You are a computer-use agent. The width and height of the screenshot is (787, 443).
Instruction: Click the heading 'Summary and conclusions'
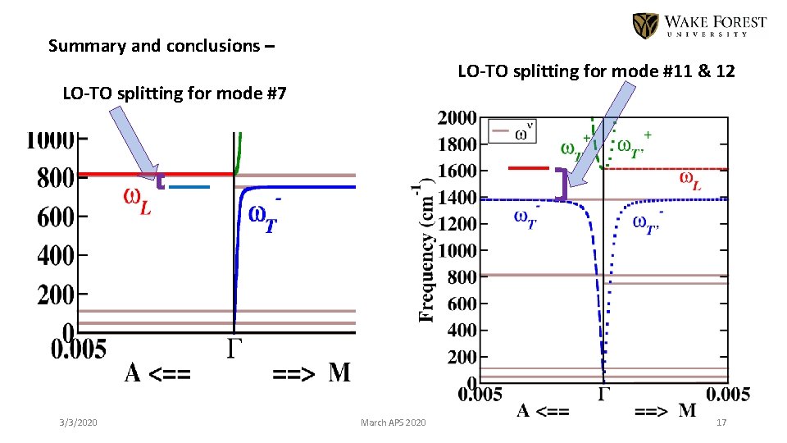pos(161,46)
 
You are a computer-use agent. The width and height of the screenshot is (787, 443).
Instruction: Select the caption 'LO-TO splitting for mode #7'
pos(175,94)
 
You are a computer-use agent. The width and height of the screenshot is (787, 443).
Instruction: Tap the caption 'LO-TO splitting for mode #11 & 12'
pos(596,72)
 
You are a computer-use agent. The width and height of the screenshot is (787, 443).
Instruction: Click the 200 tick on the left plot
pos(55,294)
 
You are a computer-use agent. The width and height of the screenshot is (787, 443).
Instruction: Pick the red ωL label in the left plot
pos(137,199)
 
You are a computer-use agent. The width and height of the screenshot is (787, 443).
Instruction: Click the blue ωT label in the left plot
pos(269,218)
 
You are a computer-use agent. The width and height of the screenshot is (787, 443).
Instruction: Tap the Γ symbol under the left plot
pos(234,349)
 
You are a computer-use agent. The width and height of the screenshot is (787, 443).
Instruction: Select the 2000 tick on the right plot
pos(456,118)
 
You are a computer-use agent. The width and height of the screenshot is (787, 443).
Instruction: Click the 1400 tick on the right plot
pos(456,198)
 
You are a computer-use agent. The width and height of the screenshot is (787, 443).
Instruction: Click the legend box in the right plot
pos(512,130)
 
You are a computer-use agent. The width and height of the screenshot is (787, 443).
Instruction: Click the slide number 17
pos(721,422)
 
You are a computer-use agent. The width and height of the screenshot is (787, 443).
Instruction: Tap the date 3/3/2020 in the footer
pos(78,422)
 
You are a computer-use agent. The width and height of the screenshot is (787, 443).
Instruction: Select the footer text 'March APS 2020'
pos(393,422)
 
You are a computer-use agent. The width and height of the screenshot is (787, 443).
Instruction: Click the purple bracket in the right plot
pos(561,184)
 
